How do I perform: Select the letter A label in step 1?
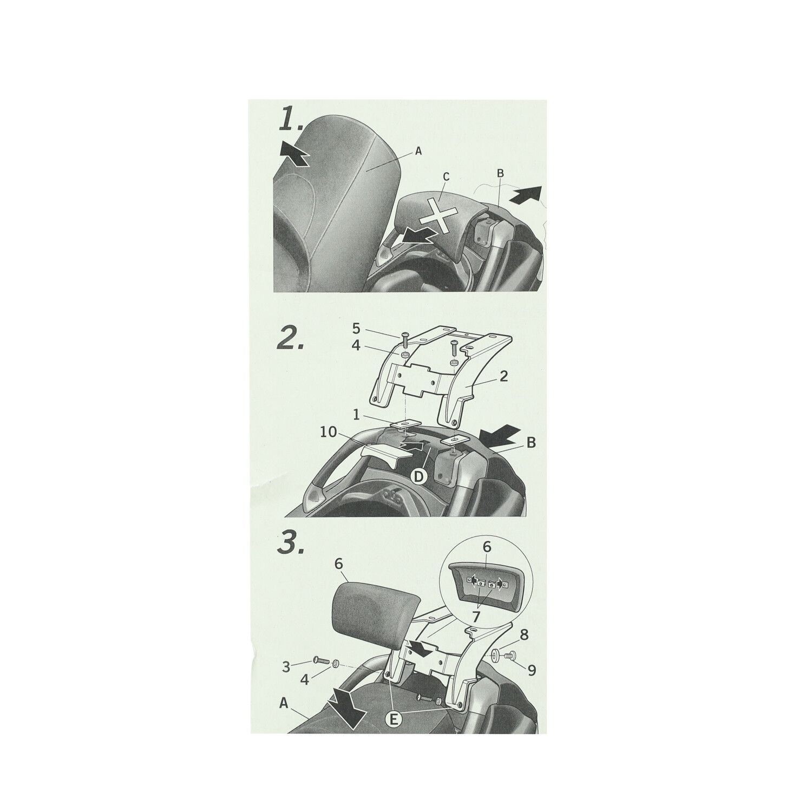click(x=417, y=153)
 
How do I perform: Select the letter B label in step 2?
click(x=531, y=442)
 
